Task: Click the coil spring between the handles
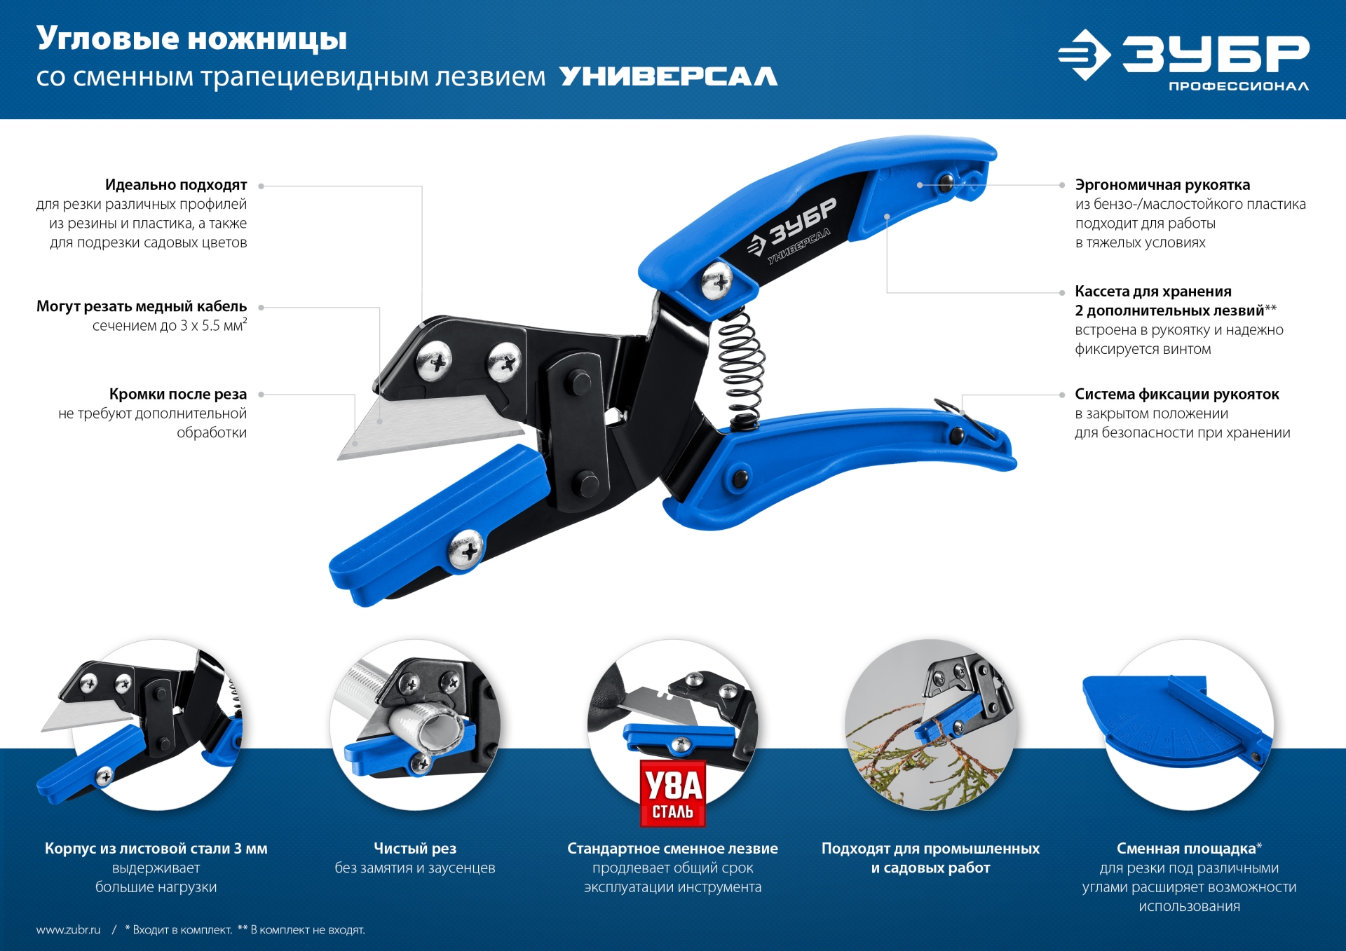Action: pos(740,368)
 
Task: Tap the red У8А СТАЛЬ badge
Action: pos(672,794)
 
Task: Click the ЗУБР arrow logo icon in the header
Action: pos(1084,55)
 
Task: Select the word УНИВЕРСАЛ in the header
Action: pos(668,76)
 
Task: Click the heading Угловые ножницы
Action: pos(191,39)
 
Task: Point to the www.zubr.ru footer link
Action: pos(68,930)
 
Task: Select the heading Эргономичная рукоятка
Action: pos(1162,185)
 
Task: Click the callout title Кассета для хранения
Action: pos(1153,292)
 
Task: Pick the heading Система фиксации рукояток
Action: pos(1176,395)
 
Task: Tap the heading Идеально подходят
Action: pos(176,185)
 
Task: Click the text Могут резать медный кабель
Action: pos(142,306)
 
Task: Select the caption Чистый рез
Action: pos(415,849)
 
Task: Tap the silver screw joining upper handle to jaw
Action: pos(716,282)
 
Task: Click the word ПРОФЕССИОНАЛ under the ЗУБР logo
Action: pos(1238,86)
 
